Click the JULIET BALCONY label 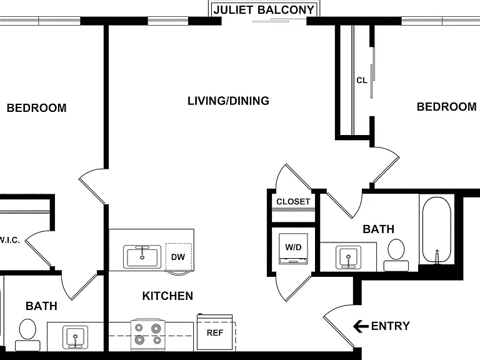point(264,10)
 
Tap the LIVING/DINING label point(228,101)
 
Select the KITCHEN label point(167,296)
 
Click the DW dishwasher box point(179,257)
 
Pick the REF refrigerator point(214,332)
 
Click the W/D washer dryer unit point(293,249)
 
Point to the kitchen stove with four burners point(148,334)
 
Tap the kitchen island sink point(142,256)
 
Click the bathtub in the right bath point(437,230)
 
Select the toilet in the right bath point(396,255)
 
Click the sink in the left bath point(75,337)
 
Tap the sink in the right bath point(348,257)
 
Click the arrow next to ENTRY point(361,326)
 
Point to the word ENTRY point(390,326)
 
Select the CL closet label point(361,81)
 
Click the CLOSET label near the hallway point(293,202)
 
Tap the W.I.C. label point(9,240)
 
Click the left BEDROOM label point(36,108)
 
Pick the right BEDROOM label point(447,107)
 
